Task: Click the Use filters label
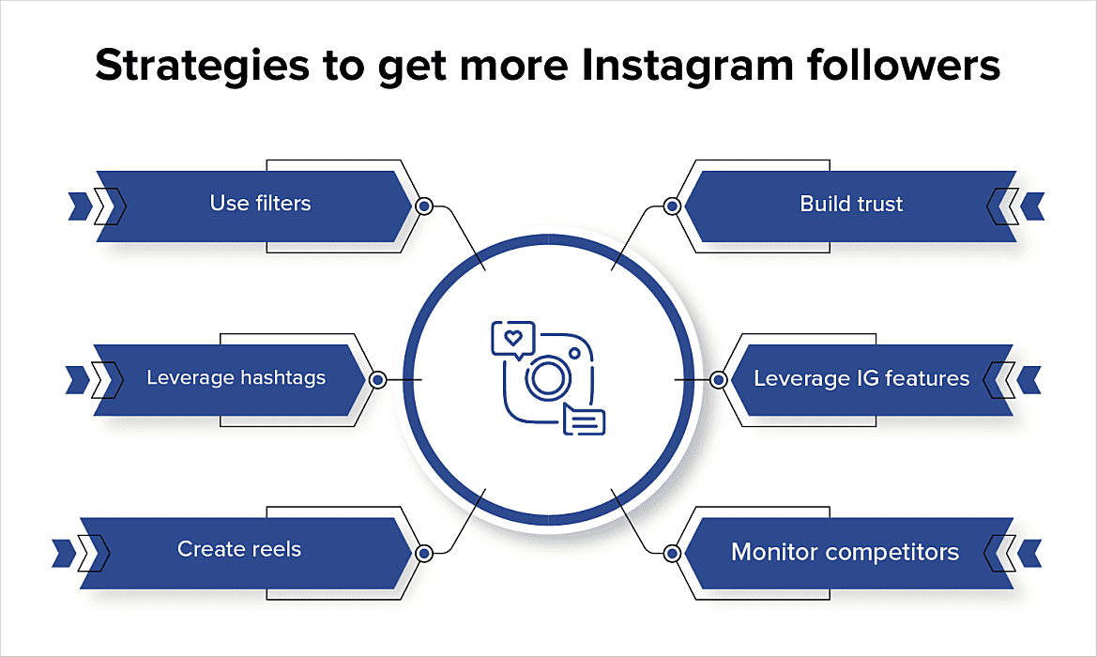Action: [260, 203]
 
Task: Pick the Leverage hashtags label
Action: [236, 378]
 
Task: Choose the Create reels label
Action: [239, 549]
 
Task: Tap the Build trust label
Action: [851, 204]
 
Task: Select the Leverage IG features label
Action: [861, 378]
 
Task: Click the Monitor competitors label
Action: [845, 551]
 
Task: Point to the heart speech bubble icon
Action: [511, 337]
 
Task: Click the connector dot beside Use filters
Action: [423, 206]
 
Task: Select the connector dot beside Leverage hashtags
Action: [377, 380]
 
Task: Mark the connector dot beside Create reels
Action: [423, 554]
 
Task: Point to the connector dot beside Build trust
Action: [672, 206]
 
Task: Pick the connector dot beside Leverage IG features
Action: [718, 380]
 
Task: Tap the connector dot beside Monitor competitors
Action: [672, 554]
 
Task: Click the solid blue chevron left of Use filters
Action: [79, 206]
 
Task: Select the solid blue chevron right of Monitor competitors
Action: [1031, 552]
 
